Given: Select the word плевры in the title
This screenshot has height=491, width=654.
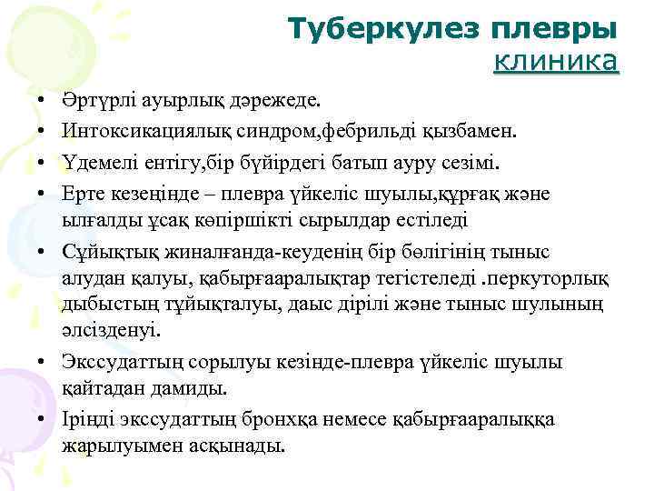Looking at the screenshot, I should [555, 30].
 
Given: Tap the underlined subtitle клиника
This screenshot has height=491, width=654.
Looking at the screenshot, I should [556, 62].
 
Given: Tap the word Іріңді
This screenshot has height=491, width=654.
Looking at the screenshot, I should [88, 420].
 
